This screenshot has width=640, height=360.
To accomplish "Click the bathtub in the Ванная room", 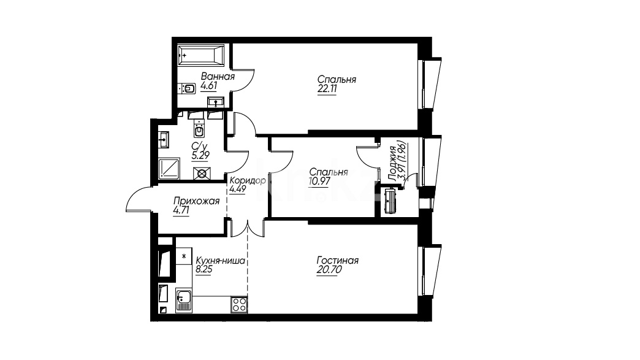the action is tap(201, 55).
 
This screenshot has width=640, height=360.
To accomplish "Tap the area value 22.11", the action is tap(327, 90).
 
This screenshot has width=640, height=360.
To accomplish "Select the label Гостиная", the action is tap(338, 261).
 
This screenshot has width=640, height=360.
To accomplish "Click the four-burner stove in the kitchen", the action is tap(239, 305).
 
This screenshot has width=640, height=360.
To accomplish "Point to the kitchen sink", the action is tap(184, 301).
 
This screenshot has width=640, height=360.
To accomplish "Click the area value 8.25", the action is tap(204, 269).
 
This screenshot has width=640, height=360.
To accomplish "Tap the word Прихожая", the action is tap(196, 201).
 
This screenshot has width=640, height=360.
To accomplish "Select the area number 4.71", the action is tap(181, 210).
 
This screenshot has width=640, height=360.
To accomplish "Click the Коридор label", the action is tap(247, 180).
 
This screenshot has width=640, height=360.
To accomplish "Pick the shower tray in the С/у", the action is tap(169, 168).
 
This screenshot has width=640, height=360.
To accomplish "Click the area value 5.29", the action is tap(200, 156).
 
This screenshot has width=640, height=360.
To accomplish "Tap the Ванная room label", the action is tap(218, 77).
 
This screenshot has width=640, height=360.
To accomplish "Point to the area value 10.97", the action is tap(319, 181).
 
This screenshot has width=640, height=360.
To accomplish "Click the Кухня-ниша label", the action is tap(221, 261).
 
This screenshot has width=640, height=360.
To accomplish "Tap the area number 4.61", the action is tap(208, 86).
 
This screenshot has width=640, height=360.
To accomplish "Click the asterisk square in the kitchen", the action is tap(184, 256).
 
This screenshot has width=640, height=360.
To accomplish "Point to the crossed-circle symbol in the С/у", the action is tap(202, 174).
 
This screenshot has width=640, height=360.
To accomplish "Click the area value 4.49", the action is tap(238, 189).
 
